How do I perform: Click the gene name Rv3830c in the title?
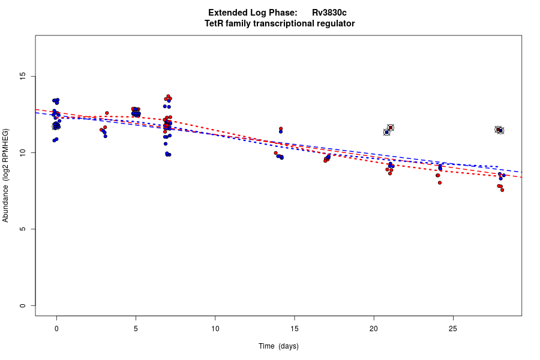click(x=329, y=13)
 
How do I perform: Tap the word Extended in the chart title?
click(x=227, y=13)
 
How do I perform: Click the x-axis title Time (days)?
click(x=278, y=346)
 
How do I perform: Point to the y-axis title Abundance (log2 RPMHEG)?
click(x=5, y=175)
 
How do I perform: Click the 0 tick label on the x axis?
click(x=56, y=328)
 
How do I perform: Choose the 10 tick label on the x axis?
click(x=215, y=328)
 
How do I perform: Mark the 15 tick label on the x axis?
click(x=294, y=328)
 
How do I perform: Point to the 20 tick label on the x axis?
click(x=374, y=328)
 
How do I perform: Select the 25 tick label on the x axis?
click(x=453, y=328)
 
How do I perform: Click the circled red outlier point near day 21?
click(x=391, y=128)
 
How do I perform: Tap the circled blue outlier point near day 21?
click(x=387, y=132)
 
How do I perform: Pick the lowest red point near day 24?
click(x=440, y=182)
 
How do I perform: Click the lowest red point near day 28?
click(x=502, y=190)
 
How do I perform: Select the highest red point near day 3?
click(x=107, y=113)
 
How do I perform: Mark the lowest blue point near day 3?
click(x=105, y=136)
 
